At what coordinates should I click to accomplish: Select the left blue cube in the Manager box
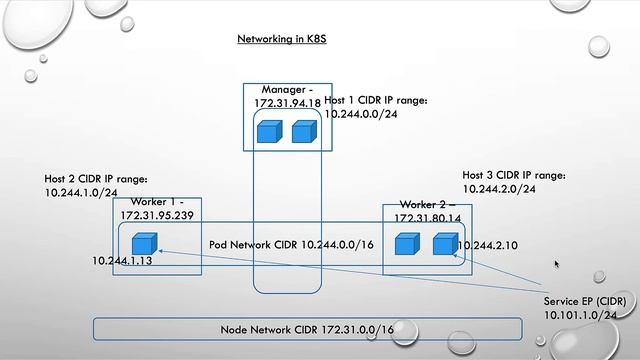click(268, 131)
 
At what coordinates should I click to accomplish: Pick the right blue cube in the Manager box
click(303, 131)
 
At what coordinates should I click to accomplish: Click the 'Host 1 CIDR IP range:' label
click(376, 101)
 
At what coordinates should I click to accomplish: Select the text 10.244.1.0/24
click(81, 192)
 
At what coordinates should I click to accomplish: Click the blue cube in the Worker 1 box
click(146, 243)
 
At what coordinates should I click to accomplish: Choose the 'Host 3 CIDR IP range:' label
click(514, 174)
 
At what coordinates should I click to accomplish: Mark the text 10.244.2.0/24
click(499, 188)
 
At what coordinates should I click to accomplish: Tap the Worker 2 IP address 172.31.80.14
click(427, 218)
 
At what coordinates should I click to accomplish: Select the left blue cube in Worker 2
click(406, 244)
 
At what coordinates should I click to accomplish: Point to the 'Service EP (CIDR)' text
click(587, 300)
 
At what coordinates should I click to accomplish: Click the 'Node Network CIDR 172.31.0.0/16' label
click(307, 329)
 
